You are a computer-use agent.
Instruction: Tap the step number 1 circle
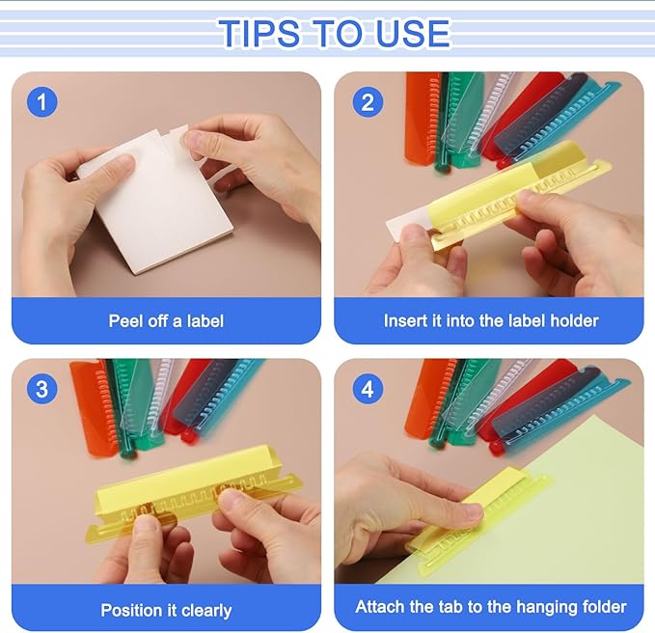pos(41,100)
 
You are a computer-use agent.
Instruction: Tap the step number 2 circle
pos(366,100)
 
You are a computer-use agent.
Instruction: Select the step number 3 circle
pos(41,389)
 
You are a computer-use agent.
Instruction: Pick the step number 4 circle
pos(366,389)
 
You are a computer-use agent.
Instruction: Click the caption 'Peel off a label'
pos(166,320)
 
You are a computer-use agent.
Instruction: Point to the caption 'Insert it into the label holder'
pos(490,320)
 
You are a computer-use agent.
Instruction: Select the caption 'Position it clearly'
pos(166,610)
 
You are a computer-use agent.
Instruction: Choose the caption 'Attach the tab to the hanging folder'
pos(490,607)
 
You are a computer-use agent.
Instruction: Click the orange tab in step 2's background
pos(422,116)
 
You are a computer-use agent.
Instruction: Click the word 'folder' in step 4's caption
pos(599,607)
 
